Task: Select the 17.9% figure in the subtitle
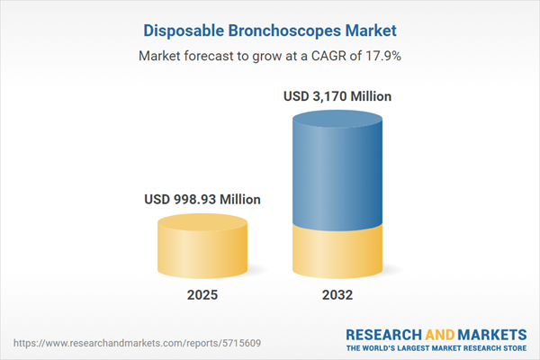(x=384, y=56)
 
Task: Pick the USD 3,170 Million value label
(x=339, y=95)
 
